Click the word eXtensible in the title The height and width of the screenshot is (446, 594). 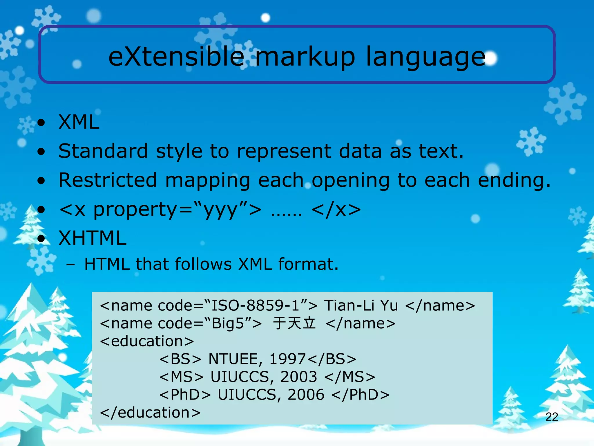click(176, 57)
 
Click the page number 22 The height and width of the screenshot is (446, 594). click(552, 417)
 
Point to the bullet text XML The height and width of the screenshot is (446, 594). click(79, 122)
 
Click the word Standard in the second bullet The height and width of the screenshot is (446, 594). click(103, 151)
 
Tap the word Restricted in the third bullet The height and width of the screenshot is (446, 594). click(108, 180)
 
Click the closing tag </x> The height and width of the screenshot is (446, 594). click(336, 209)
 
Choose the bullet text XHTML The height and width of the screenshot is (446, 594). click(93, 238)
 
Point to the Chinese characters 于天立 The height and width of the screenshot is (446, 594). click(294, 323)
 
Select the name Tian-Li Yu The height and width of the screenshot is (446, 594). click(361, 305)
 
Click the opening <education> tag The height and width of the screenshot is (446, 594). click(147, 341)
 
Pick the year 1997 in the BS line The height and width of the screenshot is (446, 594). click(287, 359)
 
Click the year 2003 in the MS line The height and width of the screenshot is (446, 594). click(298, 377)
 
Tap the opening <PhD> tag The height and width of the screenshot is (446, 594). click(185, 395)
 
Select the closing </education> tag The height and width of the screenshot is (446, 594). click(150, 413)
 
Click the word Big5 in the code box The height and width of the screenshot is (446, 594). click(228, 323)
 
